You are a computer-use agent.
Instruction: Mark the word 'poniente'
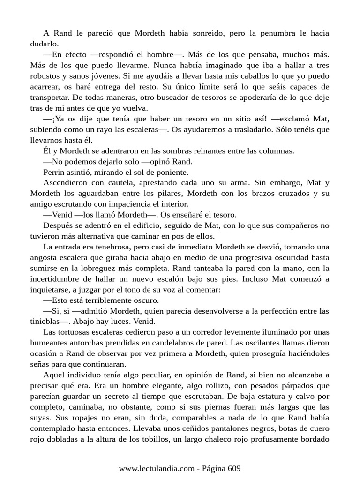point(173,172)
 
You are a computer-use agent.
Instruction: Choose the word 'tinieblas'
point(46,322)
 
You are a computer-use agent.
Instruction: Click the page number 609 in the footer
point(234,468)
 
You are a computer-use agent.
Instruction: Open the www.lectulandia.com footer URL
point(156,468)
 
